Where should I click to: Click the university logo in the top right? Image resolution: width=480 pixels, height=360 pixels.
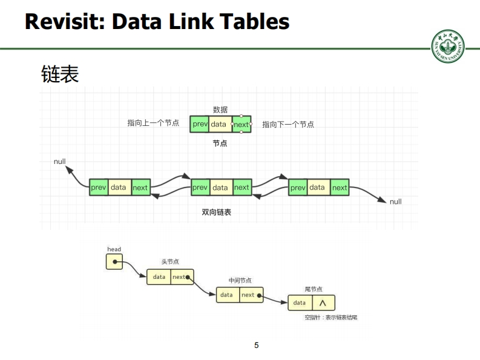(x=449, y=45)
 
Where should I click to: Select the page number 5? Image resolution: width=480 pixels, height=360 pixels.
(x=257, y=345)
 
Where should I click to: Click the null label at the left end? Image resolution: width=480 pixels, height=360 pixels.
(x=60, y=162)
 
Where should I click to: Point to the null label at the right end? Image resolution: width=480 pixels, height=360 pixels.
(x=395, y=201)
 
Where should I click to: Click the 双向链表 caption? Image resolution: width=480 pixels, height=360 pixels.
(x=216, y=212)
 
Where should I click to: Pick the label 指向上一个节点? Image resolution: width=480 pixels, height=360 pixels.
(x=153, y=123)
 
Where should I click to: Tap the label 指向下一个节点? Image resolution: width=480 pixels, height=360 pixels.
(x=288, y=125)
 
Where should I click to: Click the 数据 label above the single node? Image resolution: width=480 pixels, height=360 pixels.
(x=220, y=110)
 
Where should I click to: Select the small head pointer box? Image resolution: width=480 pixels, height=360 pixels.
(x=114, y=261)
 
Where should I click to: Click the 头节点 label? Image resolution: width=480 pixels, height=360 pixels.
(x=169, y=262)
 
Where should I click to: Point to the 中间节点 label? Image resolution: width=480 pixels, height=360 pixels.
(x=240, y=281)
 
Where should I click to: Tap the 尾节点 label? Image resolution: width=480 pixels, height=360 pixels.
(x=314, y=289)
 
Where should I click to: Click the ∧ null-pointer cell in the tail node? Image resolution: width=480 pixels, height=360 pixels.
(x=323, y=303)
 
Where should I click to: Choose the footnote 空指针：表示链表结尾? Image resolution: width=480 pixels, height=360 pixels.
(x=330, y=316)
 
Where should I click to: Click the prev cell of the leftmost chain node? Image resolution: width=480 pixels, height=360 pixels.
(x=99, y=188)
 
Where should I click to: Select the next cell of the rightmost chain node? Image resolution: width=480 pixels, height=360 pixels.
(x=340, y=188)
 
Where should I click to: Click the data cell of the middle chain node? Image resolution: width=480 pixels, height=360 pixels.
(x=220, y=188)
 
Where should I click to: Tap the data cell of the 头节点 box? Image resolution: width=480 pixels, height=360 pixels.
(x=159, y=277)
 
